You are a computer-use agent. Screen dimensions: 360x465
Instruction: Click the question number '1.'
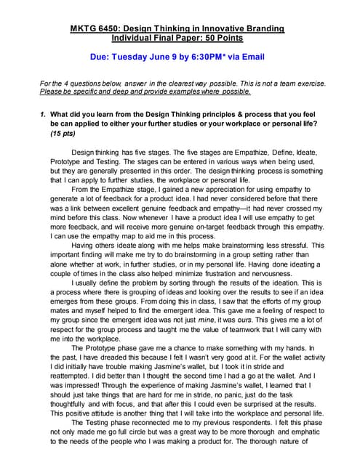tap(44, 114)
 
